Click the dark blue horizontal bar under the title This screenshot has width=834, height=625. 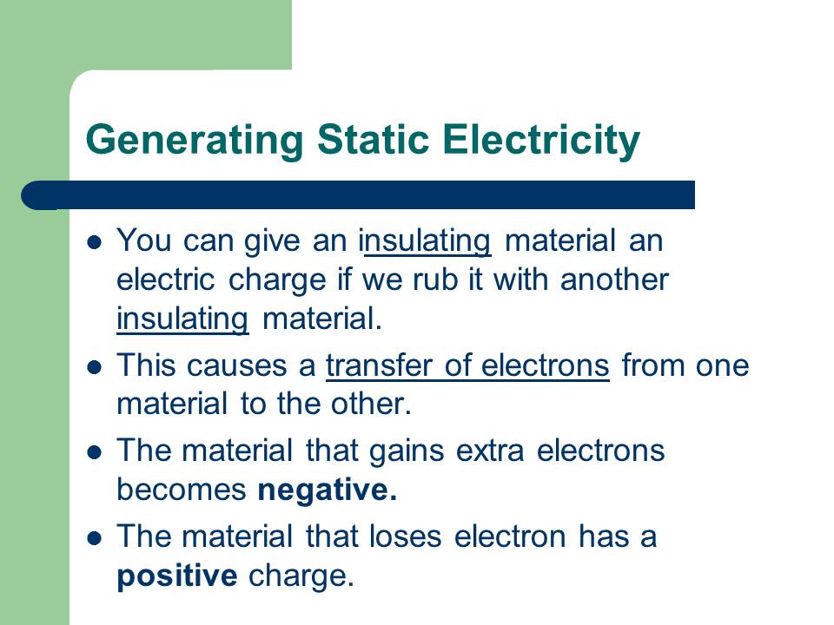tap(365, 195)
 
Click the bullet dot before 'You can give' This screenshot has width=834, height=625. tap(96, 241)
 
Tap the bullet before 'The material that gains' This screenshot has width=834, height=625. tap(96, 452)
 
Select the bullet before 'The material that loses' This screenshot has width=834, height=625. tap(96, 537)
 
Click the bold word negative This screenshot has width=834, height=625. tap(327, 490)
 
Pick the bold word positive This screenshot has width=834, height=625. tap(176, 576)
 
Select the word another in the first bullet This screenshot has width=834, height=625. tap(614, 280)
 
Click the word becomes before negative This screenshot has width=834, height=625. tap(182, 490)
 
